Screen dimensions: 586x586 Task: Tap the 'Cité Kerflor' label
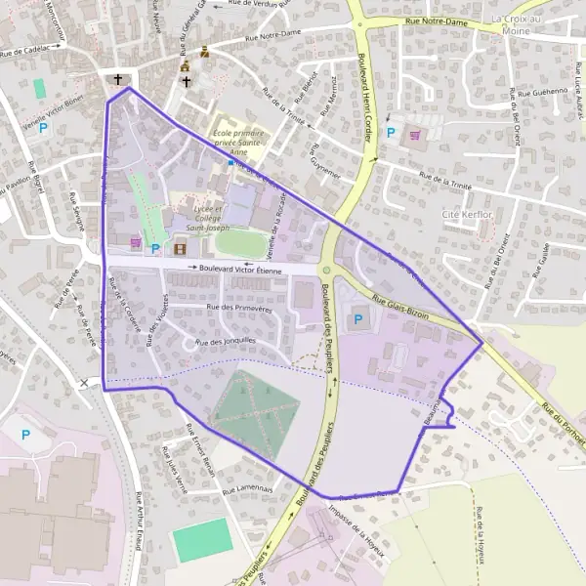click(465, 213)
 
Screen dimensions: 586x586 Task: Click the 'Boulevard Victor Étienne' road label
click(239, 268)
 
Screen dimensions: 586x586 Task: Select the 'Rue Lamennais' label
click(246, 489)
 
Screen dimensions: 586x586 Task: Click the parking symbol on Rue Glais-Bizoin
click(356, 318)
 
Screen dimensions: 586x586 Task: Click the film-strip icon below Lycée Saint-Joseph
click(179, 249)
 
